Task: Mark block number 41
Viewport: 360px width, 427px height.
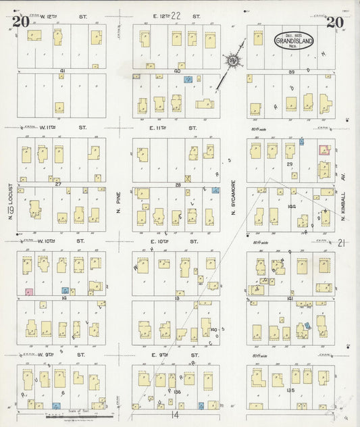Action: [61, 70]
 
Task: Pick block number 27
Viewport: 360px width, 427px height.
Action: [59, 183]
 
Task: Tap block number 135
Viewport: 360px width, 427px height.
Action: [291, 391]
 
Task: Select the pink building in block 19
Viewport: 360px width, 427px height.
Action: [28, 291]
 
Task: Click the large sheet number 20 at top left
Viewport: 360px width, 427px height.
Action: [20, 22]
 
